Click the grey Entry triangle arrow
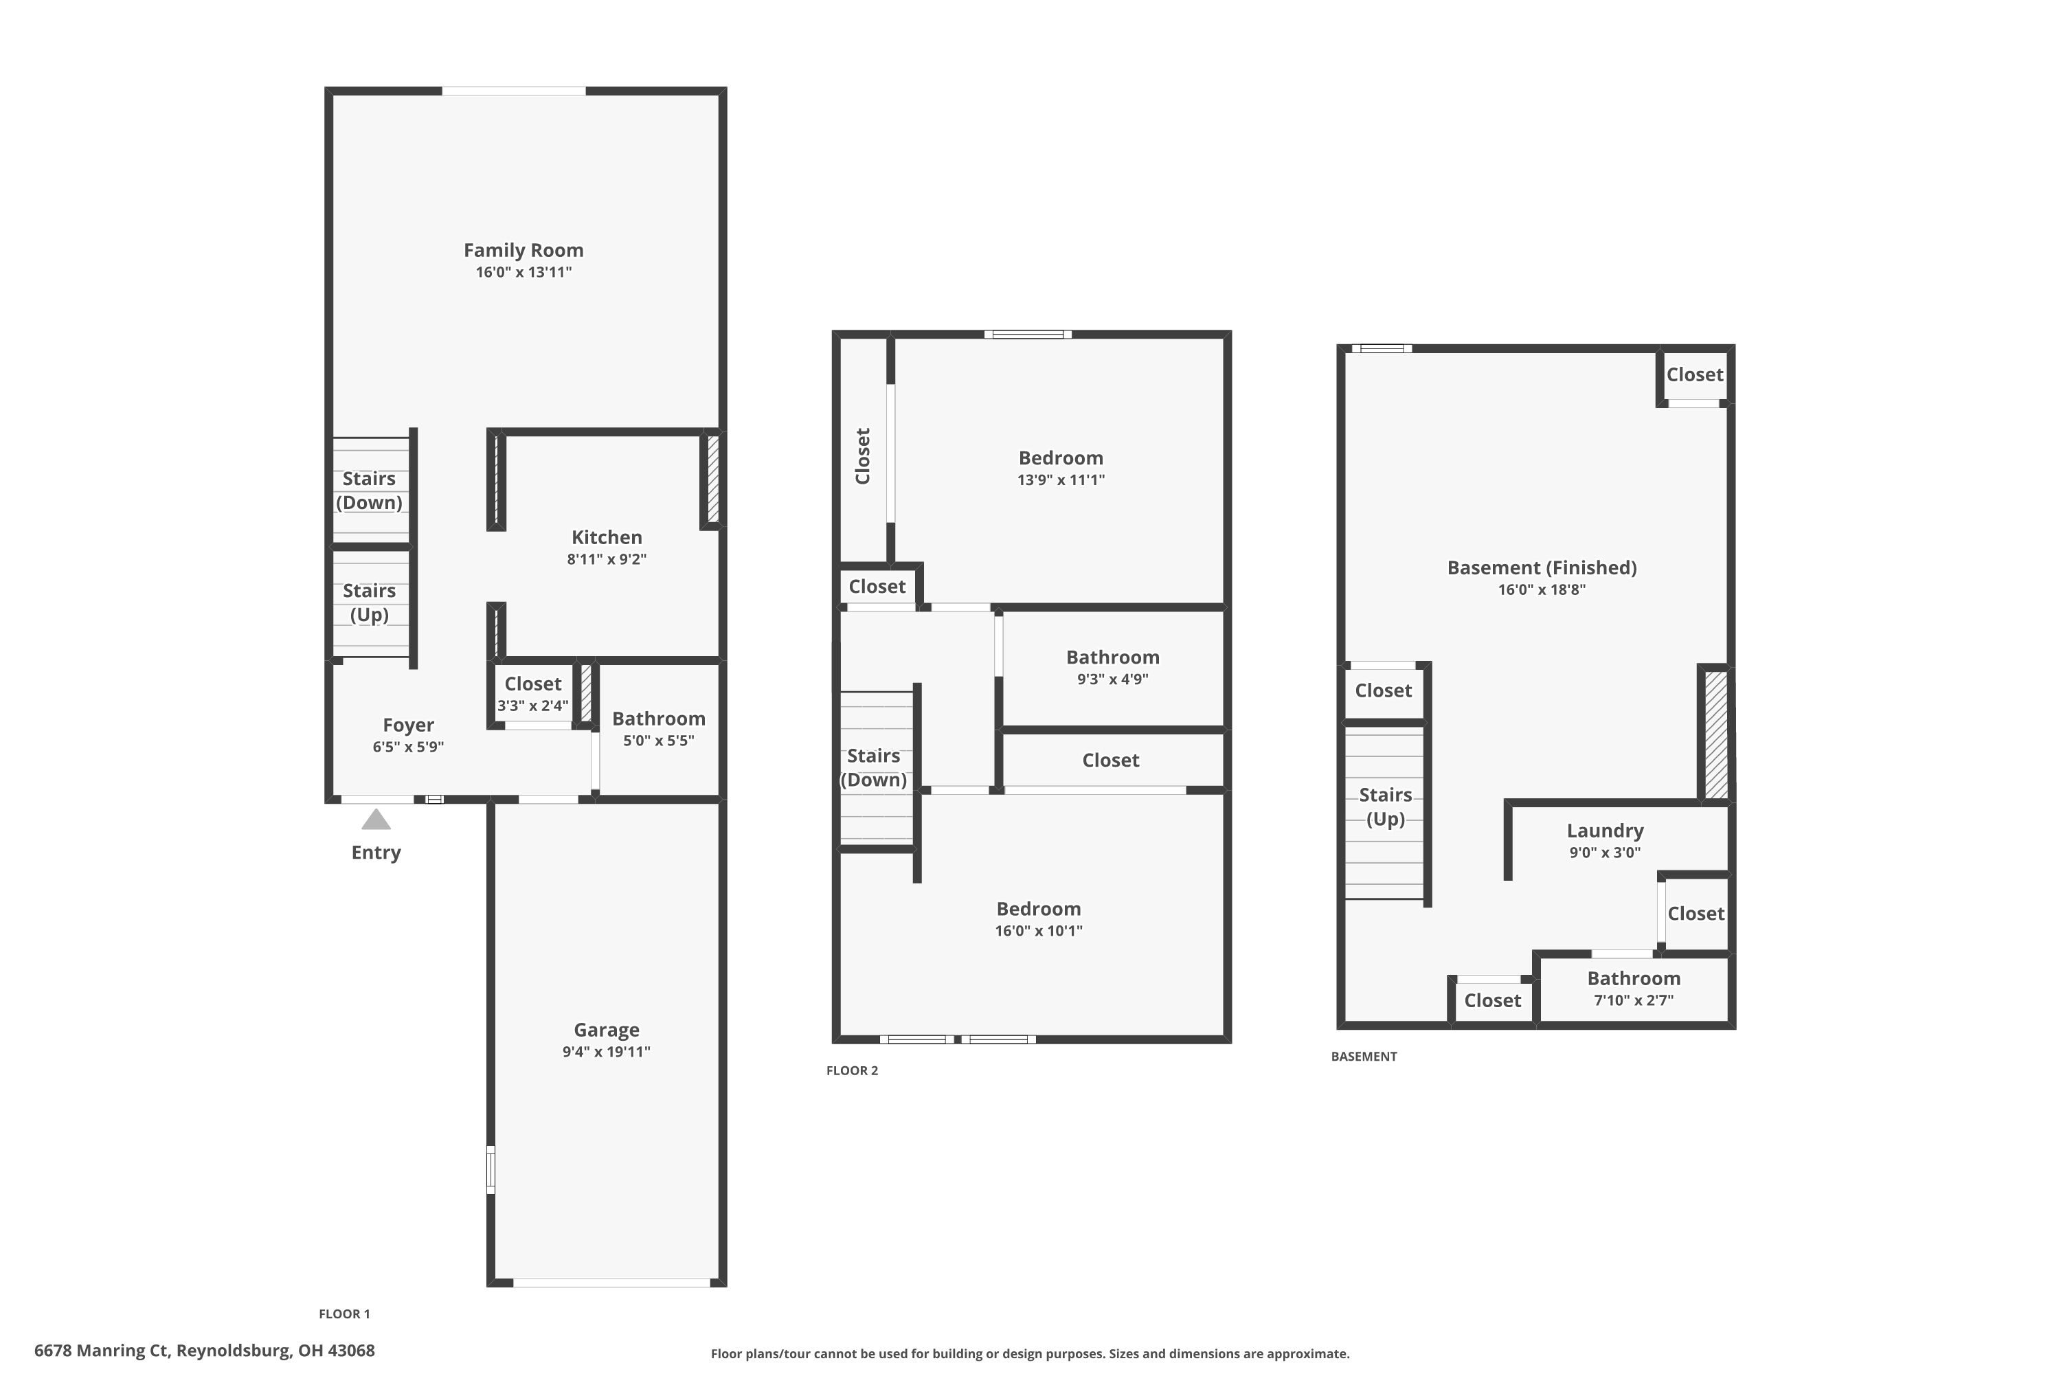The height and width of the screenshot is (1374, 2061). [376, 820]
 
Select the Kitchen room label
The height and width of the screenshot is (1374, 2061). [607, 537]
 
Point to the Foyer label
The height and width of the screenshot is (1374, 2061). [407, 725]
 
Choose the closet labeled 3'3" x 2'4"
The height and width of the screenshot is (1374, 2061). [533, 694]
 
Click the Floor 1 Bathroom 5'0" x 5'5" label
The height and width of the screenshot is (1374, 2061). [658, 728]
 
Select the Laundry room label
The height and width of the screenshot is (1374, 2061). [1604, 830]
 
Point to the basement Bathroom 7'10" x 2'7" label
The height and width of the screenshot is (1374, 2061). [1634, 988]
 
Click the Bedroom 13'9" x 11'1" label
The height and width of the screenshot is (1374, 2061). [1060, 467]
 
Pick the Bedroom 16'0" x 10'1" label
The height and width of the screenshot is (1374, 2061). [1038, 919]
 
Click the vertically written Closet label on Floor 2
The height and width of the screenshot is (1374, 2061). [862, 455]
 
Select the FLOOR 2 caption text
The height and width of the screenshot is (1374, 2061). [852, 1070]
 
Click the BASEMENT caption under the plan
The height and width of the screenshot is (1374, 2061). [1364, 1056]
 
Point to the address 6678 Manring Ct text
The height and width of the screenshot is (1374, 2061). [204, 1351]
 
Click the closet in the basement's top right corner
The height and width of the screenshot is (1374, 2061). [1694, 374]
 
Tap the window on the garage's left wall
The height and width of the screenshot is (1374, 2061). [491, 1169]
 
